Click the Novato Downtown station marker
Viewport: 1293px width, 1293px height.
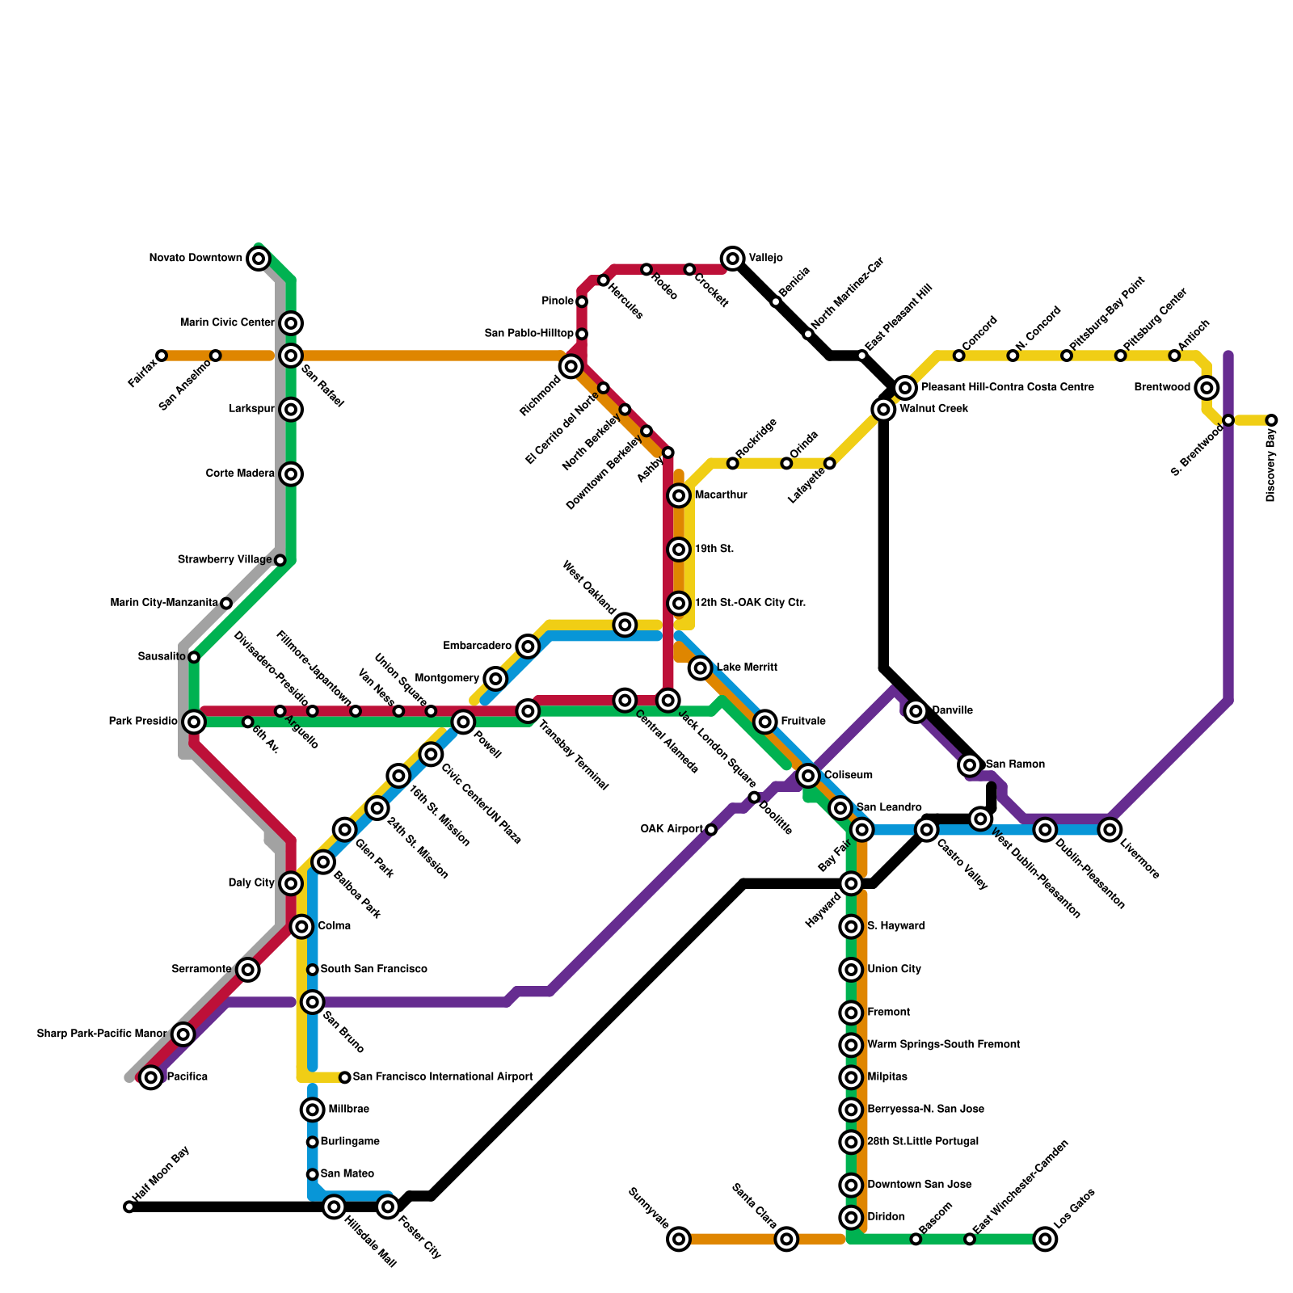[259, 259]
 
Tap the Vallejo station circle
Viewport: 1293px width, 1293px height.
[733, 259]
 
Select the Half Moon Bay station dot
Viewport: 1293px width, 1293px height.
[129, 1207]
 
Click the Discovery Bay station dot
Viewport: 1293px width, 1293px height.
[1271, 420]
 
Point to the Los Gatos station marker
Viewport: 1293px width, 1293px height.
[1046, 1239]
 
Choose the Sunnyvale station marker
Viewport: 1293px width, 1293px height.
[680, 1239]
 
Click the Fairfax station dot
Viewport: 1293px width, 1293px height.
[162, 356]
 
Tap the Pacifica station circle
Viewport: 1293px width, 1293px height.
[151, 1077]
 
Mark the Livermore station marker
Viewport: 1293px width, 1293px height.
[1110, 829]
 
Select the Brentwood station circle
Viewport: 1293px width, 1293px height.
[1207, 388]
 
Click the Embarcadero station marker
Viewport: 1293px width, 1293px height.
[528, 646]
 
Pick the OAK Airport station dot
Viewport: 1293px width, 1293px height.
[711, 829]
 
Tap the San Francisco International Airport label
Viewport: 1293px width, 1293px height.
[443, 1077]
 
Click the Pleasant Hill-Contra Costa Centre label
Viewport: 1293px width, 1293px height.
[1007, 388]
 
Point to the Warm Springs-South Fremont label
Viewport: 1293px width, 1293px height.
[943, 1045]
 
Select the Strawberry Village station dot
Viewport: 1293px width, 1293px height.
[280, 560]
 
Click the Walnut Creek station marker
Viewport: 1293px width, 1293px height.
[884, 410]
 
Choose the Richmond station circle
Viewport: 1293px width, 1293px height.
[571, 366]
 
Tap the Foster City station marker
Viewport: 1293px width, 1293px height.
[388, 1207]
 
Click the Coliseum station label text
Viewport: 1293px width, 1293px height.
[848, 776]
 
